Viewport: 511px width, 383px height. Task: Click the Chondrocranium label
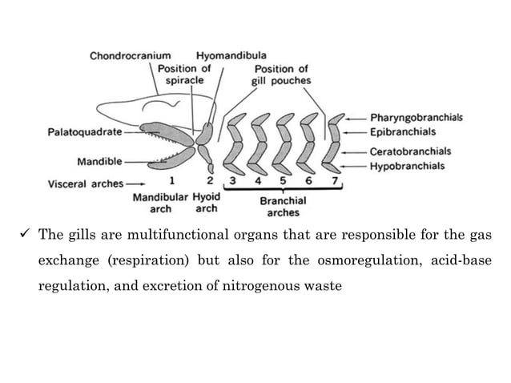pos(130,56)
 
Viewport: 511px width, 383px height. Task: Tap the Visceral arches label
pos(80,183)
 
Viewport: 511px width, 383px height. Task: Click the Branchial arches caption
pos(281,207)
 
